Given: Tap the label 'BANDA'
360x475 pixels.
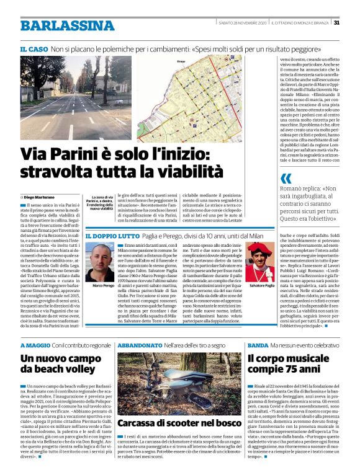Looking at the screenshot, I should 257,344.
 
